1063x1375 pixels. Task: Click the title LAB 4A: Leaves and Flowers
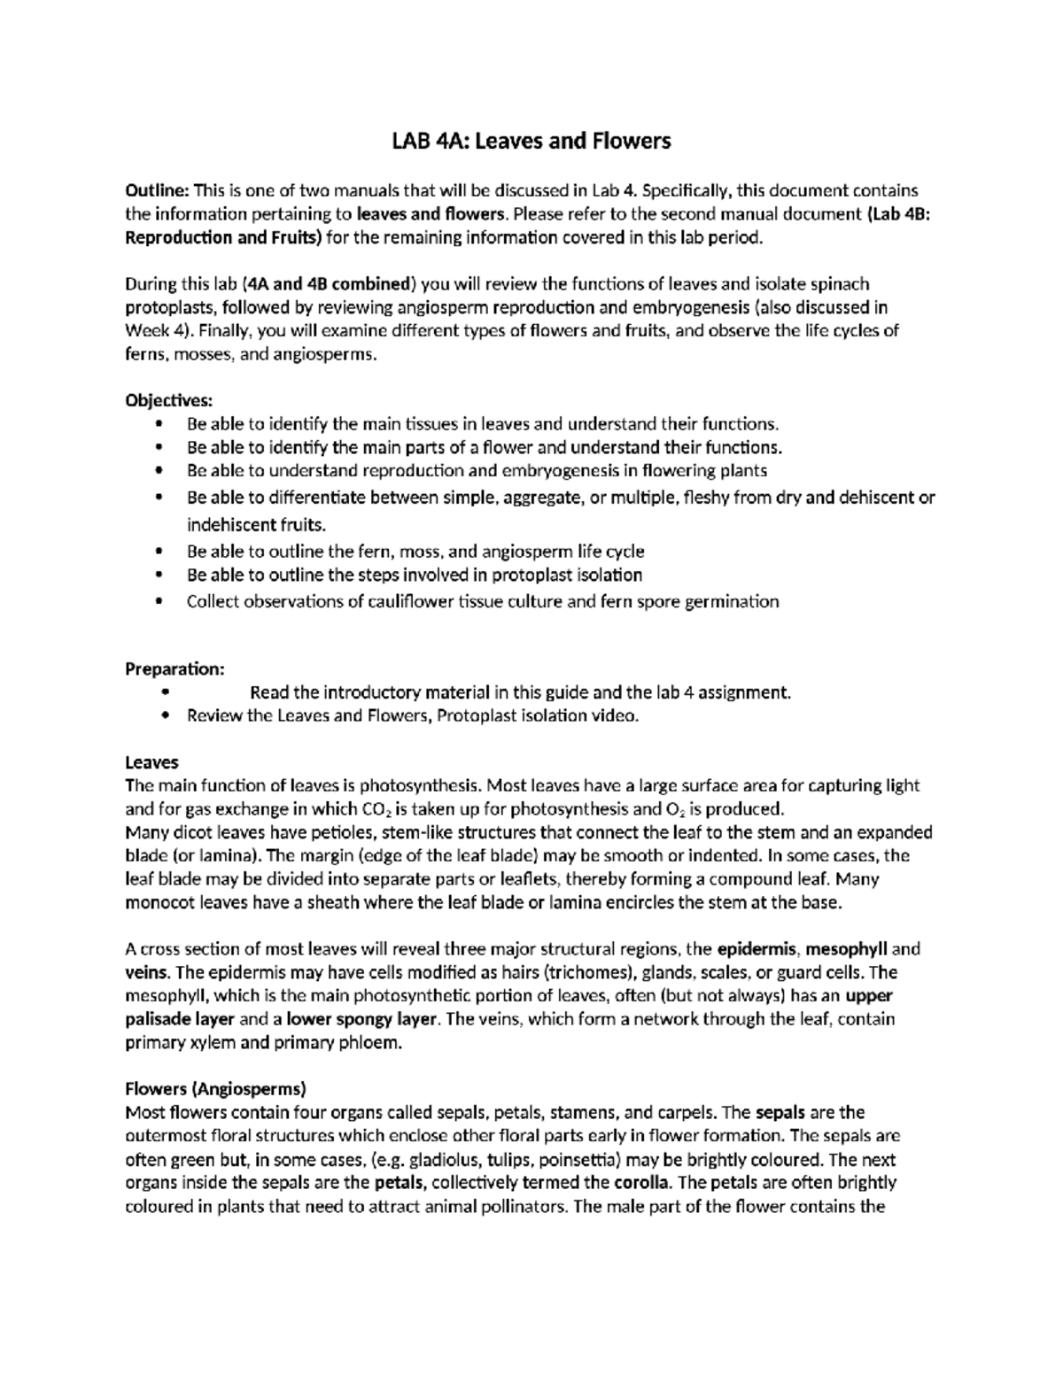tap(531, 141)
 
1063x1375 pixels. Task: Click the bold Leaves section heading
tap(151, 762)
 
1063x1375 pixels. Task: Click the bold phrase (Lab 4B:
tap(896, 214)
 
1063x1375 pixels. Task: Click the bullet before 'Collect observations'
tap(159, 602)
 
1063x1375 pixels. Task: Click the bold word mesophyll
tap(847, 949)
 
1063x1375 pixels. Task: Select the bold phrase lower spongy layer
tap(361, 1019)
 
